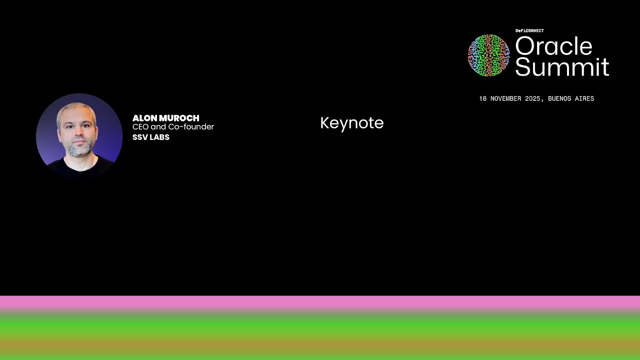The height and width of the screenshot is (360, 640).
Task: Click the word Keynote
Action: [351, 123]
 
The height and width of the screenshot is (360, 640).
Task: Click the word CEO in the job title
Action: [140, 127]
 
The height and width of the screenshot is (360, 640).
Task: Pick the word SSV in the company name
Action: [140, 137]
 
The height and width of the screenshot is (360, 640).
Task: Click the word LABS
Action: [160, 137]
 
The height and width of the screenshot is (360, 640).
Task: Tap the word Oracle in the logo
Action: [553, 46]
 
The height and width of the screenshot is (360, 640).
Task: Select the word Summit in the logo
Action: [562, 67]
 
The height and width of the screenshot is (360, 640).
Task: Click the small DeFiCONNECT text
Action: [529, 31]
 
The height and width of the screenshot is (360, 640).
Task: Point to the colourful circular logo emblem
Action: [488, 55]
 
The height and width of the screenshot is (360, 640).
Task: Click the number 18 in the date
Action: [482, 99]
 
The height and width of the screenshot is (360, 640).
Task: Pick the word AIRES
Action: [584, 99]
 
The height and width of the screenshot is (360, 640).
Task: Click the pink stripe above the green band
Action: [320, 303]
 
